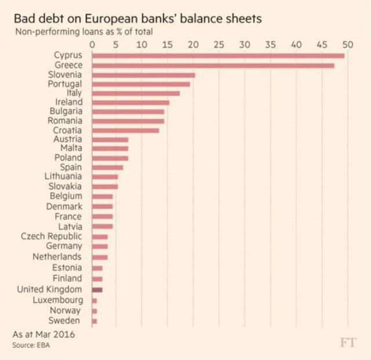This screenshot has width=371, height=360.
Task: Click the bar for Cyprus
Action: coord(217,56)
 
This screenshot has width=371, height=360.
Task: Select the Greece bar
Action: coord(212,66)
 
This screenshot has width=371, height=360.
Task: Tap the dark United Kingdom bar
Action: coord(97,289)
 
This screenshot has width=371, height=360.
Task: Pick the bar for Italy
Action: coord(136,93)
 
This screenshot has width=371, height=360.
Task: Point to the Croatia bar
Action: coord(125,130)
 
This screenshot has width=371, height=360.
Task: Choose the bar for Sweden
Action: coord(94,321)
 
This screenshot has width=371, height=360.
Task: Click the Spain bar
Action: coord(107,167)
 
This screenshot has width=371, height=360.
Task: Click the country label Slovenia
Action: coord(65,75)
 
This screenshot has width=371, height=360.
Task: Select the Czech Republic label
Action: coord(52,236)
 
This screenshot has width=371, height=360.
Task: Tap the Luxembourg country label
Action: coord(58,300)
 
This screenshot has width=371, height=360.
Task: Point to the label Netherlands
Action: coord(57,256)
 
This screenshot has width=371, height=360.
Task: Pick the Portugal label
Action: coord(65,84)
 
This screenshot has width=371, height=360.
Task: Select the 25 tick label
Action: coord(219,44)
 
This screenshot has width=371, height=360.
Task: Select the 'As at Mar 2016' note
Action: coord(43,334)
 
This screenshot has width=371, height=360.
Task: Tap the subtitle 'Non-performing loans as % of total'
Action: coord(83,32)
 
